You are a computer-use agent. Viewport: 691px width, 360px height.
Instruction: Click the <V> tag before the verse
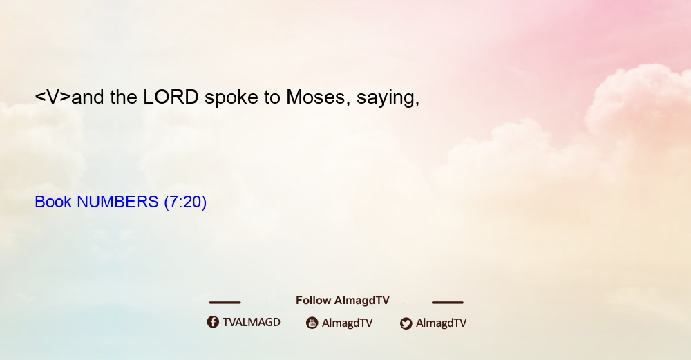point(53,97)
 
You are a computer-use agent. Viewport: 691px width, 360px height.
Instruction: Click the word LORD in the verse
point(171,97)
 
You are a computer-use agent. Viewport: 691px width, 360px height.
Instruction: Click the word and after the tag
point(88,97)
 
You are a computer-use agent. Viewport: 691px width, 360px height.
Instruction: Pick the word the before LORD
point(124,97)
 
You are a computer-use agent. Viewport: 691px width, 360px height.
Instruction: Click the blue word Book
point(53,202)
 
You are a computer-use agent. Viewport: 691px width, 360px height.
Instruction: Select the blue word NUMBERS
point(117,202)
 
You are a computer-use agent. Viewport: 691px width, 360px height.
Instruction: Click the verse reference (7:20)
point(185,202)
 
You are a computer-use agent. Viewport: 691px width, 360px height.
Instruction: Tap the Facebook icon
point(213,322)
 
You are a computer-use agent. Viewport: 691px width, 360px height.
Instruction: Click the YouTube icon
point(312,323)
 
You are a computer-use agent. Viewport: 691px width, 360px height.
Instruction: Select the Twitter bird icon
point(406,323)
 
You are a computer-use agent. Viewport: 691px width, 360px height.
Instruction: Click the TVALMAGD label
point(252,323)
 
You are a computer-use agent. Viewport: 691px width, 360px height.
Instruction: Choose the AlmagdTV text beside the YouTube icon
point(348,323)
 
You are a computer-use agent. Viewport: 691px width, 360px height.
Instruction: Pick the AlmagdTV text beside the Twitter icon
point(441,323)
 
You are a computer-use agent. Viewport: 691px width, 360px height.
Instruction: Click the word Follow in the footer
point(313,301)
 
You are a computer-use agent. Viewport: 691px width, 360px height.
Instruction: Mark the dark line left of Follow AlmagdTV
point(225,303)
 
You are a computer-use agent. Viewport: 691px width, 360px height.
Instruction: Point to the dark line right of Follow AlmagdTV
point(448,303)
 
